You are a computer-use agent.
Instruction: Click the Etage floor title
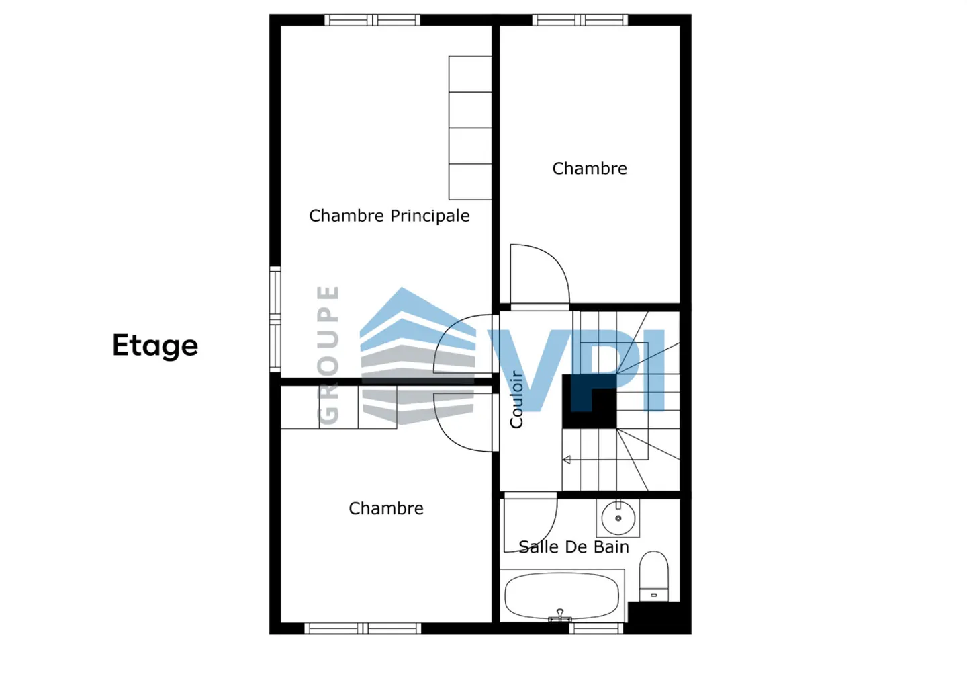pos(155,346)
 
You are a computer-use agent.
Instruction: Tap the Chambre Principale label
pos(389,216)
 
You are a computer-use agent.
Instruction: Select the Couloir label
pos(516,399)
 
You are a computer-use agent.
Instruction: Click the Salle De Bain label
pos(573,546)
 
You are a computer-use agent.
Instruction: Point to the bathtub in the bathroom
pos(562,596)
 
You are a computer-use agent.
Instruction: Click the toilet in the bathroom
pos(654,576)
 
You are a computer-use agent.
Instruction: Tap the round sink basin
pos(618,518)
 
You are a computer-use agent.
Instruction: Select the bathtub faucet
pos(560,616)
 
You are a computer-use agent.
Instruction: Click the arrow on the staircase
pos(567,460)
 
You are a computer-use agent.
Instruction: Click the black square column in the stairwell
pos(590,401)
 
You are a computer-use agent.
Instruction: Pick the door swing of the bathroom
pos(531,525)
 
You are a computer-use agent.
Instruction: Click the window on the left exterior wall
pos(275,319)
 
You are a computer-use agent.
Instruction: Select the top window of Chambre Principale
pos(372,20)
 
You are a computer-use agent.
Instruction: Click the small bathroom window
pos(596,628)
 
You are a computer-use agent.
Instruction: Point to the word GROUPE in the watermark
pos(328,355)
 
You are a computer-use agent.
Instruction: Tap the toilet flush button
pos(653,595)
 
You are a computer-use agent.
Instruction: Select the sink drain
pos(618,518)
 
